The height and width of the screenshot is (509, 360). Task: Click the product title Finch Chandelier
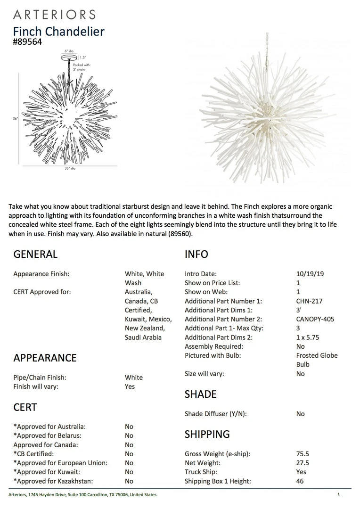click(x=58, y=32)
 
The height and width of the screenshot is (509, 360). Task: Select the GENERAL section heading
click(x=35, y=254)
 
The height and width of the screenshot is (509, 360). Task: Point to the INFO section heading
click(x=196, y=254)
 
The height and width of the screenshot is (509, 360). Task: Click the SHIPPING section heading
click(x=207, y=434)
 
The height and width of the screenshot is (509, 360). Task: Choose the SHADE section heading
click(x=200, y=394)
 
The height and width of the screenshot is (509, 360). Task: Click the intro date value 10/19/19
click(x=310, y=273)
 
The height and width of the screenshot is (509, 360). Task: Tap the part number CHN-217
click(x=309, y=301)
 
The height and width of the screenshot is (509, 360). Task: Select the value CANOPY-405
click(x=315, y=319)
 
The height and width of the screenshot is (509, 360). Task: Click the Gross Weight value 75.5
click(x=303, y=454)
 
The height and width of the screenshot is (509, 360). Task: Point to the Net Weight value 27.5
click(x=303, y=463)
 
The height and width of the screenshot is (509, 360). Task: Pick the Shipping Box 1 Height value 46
click(x=300, y=481)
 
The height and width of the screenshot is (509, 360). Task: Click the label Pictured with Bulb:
click(x=213, y=355)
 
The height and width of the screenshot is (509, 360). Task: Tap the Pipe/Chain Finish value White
click(x=134, y=377)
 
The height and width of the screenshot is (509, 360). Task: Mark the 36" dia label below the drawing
click(x=70, y=168)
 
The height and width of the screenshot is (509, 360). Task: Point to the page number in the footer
click(x=338, y=494)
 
